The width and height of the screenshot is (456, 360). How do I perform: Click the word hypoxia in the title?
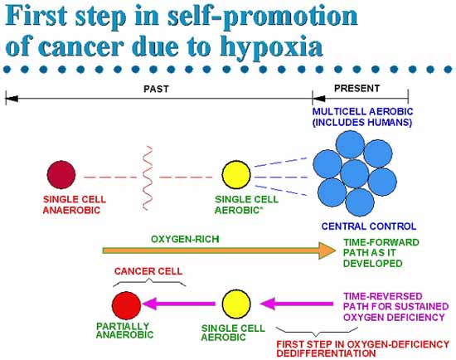271,47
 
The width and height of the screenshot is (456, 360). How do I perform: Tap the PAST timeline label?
156,89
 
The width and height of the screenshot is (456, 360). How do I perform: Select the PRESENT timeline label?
357,88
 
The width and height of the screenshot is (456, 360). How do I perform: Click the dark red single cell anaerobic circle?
61,175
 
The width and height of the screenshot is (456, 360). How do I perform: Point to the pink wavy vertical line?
148,178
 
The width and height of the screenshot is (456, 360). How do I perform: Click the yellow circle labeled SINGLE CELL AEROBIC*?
236,175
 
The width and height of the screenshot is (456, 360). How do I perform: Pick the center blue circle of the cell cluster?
355,173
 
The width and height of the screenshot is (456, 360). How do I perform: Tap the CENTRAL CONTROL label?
369,226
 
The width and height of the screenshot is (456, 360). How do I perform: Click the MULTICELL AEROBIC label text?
362,111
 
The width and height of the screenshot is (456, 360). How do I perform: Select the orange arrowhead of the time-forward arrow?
327,251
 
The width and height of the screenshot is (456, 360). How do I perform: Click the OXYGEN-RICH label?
185,239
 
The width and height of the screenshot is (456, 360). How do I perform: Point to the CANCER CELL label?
148,271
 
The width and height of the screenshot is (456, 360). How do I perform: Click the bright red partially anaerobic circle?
127,305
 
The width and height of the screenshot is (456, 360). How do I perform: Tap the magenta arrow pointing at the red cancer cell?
179,304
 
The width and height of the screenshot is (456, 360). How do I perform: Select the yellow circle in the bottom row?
236,304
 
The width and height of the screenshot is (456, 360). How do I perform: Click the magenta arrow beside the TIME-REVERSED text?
297,304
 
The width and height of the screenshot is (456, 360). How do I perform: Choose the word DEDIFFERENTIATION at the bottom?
326,353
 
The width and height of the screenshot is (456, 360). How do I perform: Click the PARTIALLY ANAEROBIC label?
124,330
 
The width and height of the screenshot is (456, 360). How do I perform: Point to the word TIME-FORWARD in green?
381,242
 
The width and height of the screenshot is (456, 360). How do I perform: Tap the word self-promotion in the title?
262,16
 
